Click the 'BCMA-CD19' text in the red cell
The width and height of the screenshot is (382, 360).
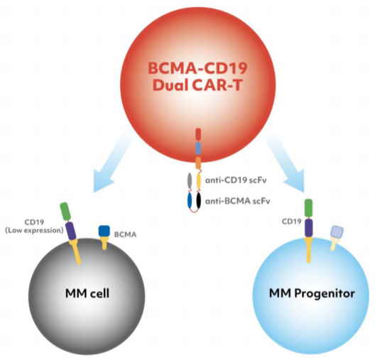point(197,68)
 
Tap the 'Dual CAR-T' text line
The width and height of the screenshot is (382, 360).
point(197,85)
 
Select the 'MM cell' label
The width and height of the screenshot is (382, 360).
point(87,293)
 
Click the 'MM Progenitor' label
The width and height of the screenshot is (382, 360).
point(312,293)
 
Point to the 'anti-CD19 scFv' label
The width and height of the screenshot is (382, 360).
point(236,180)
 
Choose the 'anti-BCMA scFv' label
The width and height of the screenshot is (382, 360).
point(238,201)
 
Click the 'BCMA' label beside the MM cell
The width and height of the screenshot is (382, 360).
point(125,234)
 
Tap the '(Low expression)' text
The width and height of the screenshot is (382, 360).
point(34,230)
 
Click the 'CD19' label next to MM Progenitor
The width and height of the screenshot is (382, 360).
point(292,222)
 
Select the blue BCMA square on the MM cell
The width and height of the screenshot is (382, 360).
point(104,231)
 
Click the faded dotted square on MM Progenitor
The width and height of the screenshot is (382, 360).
point(337,231)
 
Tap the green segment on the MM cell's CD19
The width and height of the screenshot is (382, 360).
point(65,211)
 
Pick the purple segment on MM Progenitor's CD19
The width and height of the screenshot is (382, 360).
point(309,227)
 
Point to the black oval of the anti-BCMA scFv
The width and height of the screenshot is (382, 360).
point(199,201)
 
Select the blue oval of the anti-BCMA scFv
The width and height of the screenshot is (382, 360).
point(190,201)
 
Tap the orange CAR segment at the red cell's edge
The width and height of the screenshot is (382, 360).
point(198,163)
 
